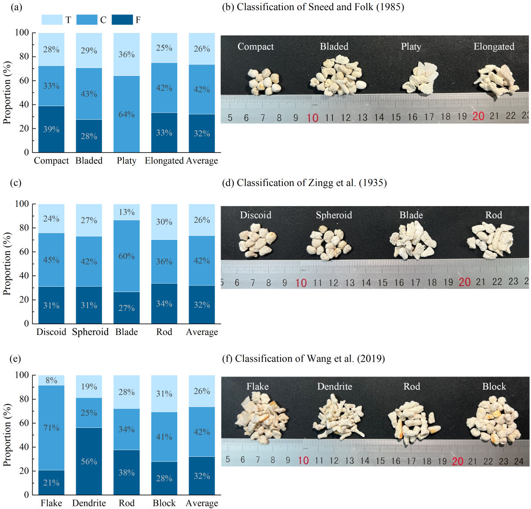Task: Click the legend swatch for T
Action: (52, 20)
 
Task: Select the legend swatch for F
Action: (122, 20)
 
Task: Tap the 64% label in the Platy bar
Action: (127, 114)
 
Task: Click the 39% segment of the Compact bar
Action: (51, 129)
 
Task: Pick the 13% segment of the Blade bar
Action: (127, 212)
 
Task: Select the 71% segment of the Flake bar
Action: (51, 428)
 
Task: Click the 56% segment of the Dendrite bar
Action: (89, 461)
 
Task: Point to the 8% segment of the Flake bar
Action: (51, 381)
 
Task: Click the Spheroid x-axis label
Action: (90, 332)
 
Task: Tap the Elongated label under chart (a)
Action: (164, 161)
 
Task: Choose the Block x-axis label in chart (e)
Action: (164, 503)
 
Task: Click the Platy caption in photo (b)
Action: (411, 46)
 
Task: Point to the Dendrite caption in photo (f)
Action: (334, 387)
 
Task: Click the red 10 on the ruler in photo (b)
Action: (312, 117)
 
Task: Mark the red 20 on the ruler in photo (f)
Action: (457, 461)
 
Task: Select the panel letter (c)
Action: (16, 183)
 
